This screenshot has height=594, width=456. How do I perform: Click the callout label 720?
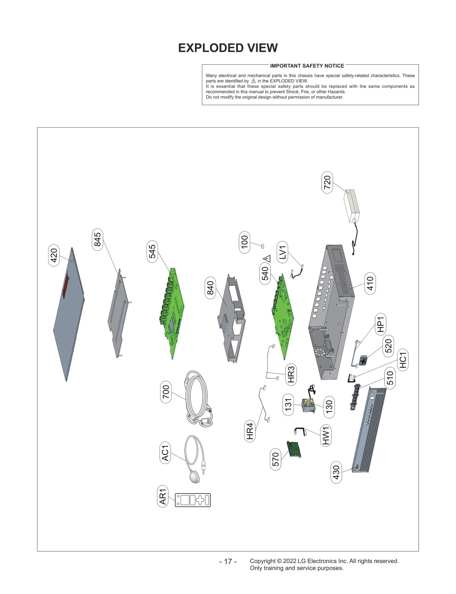327,182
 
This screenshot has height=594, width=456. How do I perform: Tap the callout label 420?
54,255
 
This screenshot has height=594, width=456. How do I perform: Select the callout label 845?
97,239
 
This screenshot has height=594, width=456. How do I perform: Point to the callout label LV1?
282,252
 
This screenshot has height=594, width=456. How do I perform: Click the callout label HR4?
250,431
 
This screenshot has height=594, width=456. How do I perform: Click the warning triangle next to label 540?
267,259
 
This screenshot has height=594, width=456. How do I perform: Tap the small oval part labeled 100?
262,246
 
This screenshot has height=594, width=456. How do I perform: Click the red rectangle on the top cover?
66,286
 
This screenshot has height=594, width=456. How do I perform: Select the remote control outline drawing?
193,500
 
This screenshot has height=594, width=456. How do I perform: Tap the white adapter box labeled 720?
352,205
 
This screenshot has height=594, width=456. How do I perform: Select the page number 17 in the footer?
228,562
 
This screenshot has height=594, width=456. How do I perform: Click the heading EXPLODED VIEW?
228,48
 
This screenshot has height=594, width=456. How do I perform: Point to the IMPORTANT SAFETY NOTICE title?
307,66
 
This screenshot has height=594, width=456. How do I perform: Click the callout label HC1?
403,360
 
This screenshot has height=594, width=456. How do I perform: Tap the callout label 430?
336,472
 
